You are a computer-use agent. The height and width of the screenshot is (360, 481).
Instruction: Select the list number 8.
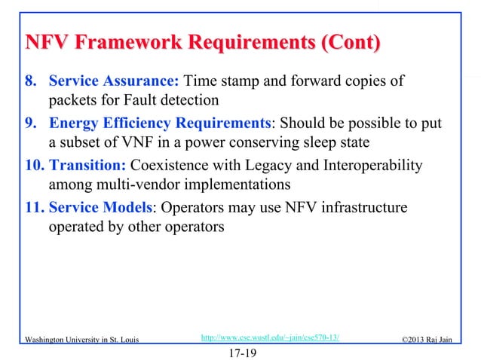pos(23,81)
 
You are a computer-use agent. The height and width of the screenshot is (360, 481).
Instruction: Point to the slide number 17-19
pos(240,351)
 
